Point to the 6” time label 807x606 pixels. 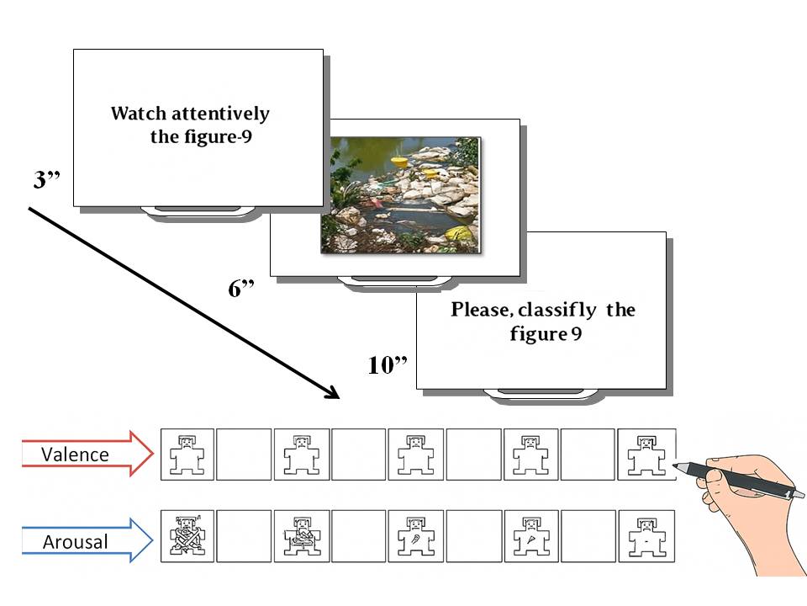[x=241, y=289]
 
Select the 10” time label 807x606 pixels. [x=388, y=364]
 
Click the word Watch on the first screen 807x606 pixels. [x=137, y=114]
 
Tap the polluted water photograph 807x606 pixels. [x=401, y=194]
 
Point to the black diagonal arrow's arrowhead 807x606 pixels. [x=333, y=394]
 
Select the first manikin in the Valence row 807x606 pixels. [x=187, y=455]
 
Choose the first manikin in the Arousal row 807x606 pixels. [x=187, y=536]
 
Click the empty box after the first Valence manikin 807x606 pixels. [x=244, y=455]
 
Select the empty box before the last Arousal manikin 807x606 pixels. [x=588, y=536]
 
